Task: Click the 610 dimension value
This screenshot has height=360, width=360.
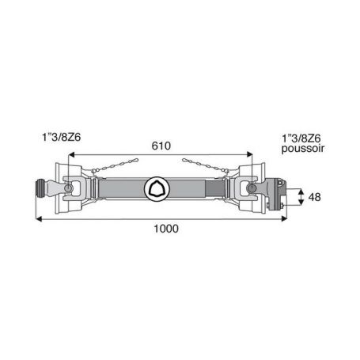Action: [x=161, y=146]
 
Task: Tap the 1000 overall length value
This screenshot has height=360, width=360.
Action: [x=166, y=229]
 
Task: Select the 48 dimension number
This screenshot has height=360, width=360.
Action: [x=314, y=197]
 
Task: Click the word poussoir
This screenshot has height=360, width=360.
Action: [x=303, y=149]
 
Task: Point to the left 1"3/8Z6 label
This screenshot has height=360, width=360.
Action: [x=62, y=137]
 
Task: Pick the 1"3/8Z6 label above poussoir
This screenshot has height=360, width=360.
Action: [x=301, y=138]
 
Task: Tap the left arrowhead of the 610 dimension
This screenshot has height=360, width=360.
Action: [x=71, y=154]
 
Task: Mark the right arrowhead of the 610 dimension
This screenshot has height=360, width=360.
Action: [x=249, y=154]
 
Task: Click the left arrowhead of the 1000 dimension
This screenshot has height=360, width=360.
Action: [x=39, y=218]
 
